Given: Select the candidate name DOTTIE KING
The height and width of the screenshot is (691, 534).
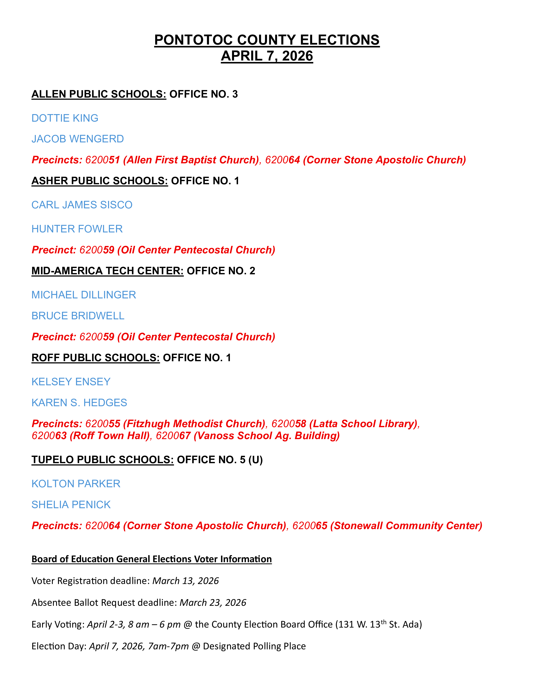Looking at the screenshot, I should [65, 118].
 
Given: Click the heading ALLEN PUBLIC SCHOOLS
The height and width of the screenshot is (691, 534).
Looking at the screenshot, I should [99, 94].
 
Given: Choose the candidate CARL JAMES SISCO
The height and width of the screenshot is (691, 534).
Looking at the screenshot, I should [82, 205].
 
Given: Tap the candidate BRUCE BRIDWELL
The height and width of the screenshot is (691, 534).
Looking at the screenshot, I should [78, 316].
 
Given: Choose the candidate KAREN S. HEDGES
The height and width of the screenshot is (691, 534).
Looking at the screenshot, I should [79, 403].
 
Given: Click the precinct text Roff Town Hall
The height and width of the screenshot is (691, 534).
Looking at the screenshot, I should [110, 436].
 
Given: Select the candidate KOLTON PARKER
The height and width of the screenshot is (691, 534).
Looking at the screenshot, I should [76, 484].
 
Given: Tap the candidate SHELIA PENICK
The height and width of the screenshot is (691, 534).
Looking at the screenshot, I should [71, 505].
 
